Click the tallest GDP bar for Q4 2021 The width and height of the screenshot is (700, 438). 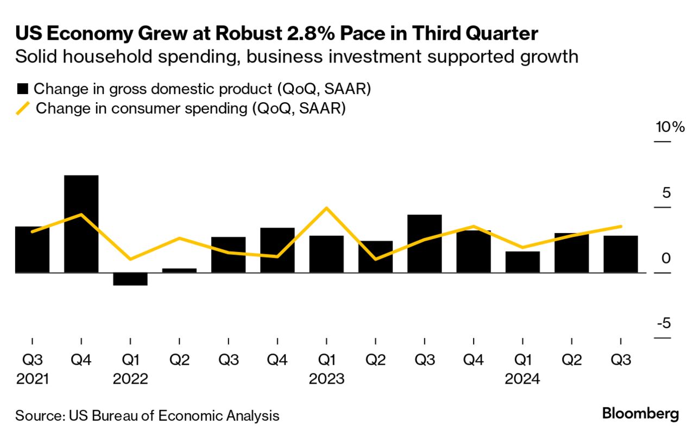tap(81, 223)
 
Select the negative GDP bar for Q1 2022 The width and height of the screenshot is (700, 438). tap(130, 279)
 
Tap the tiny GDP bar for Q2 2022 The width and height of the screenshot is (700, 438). tap(179, 270)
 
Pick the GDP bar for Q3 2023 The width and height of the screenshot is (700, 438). tap(424, 243)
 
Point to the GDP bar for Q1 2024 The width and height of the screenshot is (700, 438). tap(522, 261)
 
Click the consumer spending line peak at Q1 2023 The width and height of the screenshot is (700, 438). tap(326, 208)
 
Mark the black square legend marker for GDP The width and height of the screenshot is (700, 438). tap(22, 89)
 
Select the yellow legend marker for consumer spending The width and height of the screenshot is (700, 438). tap(23, 108)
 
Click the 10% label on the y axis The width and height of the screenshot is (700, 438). tap(670, 128)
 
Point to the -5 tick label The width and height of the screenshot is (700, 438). tap(663, 324)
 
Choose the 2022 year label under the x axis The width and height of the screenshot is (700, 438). tap(130, 379)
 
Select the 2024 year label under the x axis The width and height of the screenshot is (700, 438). tap(522, 379)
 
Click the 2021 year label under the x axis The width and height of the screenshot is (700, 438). tap(33, 379)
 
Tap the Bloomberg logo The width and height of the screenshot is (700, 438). tap(640, 414)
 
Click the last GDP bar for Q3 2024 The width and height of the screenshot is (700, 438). tap(621, 254)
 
